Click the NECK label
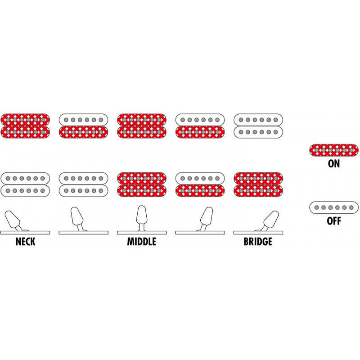pyautogui.click(x=25, y=242)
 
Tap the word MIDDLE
pyautogui.click(x=141, y=242)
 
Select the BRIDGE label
pyautogui.click(x=258, y=242)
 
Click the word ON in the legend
pyautogui.click(x=334, y=164)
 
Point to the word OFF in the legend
pyautogui.click(x=334, y=221)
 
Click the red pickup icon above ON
pyautogui.click(x=334, y=150)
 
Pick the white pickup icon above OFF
pyautogui.click(x=334, y=207)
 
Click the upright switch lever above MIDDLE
pyautogui.click(x=141, y=216)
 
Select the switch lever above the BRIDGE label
pyautogui.click(x=270, y=220)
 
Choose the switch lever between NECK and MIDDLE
pyautogui.click(x=77, y=218)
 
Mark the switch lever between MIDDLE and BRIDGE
pyautogui.click(x=206, y=218)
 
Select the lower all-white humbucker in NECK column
pyautogui.click(x=25, y=184)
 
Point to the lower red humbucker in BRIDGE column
pyautogui.click(x=258, y=184)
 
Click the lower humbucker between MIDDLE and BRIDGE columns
pyautogui.click(x=200, y=184)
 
